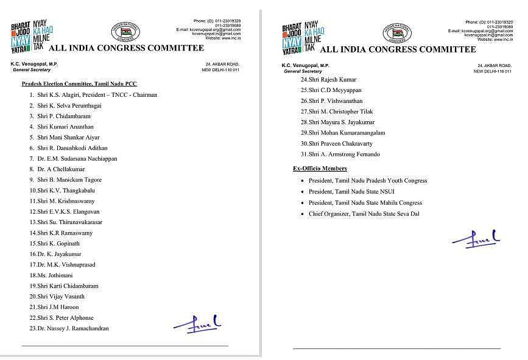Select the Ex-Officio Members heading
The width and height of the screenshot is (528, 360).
point(320,168)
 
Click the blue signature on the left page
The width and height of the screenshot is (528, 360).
point(197,323)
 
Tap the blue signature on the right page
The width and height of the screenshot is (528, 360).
point(476,239)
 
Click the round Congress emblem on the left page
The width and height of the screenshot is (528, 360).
point(125,34)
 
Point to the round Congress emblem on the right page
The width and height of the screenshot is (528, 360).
point(396,33)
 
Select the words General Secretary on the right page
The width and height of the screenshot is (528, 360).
point(303,71)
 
